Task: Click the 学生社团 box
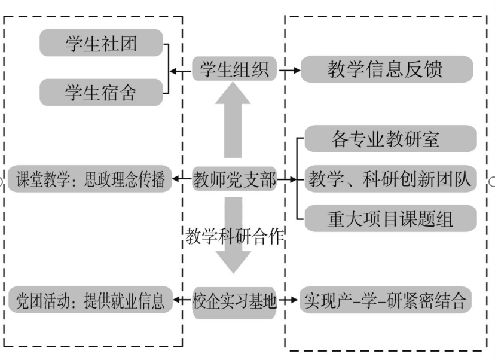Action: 101,43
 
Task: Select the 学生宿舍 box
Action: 101,92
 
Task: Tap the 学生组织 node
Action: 234,71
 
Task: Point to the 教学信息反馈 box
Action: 386,70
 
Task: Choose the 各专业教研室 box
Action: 390,139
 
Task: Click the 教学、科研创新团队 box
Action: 390,179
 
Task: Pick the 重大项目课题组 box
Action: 390,218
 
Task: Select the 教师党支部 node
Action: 234,179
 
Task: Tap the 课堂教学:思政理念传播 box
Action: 90,179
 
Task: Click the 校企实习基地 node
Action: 234,300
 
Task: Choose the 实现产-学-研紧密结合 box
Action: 386,300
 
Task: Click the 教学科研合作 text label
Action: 234,237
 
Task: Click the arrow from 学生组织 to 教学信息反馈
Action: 289,71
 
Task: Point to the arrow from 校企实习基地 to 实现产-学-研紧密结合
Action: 289,300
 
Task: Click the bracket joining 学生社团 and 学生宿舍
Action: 168,69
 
